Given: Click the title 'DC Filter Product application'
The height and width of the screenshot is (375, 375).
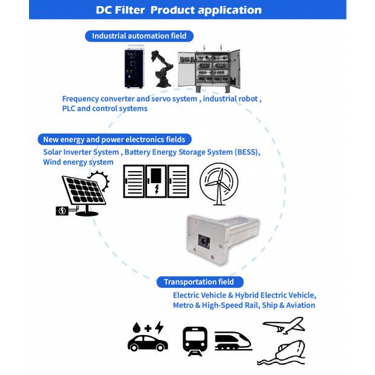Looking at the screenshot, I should (178, 10).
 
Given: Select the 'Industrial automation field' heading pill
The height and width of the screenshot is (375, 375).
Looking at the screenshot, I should (139, 36).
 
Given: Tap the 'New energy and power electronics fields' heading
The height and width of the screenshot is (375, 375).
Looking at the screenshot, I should (114, 139).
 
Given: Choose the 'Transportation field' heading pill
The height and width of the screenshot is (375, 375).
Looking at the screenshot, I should (203, 282).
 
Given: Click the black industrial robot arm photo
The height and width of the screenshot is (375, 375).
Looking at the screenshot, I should (161, 68).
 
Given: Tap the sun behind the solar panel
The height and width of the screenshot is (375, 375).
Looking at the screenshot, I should (100, 180).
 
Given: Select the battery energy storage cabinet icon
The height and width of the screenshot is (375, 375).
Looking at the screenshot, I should (157, 181).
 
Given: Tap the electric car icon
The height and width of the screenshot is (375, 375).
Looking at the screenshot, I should (148, 342).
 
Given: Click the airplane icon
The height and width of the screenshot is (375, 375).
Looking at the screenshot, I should (282, 325).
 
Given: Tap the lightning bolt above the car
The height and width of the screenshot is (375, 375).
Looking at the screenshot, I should (159, 327).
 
